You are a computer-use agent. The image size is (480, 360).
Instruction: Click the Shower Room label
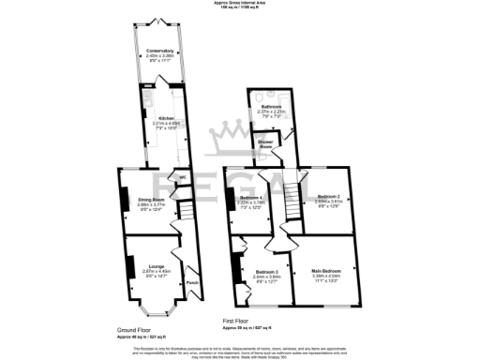[x=266, y=146]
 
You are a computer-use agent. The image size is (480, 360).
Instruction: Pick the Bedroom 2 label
[x=326, y=198]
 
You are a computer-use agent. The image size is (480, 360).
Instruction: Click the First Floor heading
[x=240, y=320]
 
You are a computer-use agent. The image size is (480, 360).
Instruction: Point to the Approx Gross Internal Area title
[x=240, y=4]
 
